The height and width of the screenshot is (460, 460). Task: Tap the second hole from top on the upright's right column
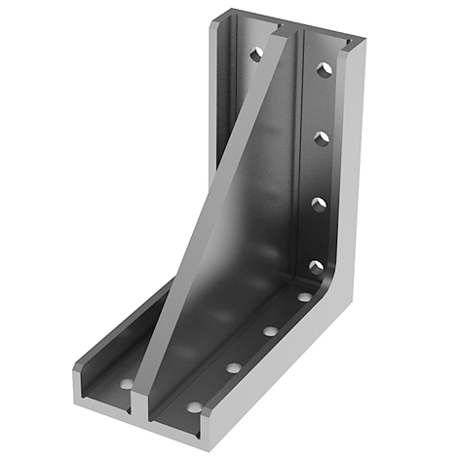(x=320, y=139)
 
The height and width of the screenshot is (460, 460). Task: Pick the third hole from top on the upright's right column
(x=317, y=204)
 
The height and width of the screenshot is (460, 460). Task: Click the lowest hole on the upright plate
(x=315, y=265)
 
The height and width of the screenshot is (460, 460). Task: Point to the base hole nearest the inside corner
(x=305, y=296)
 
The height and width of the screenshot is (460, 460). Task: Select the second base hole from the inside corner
(x=270, y=331)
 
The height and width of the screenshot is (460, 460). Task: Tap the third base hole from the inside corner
(x=234, y=367)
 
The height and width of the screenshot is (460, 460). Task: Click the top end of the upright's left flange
(x=226, y=16)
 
